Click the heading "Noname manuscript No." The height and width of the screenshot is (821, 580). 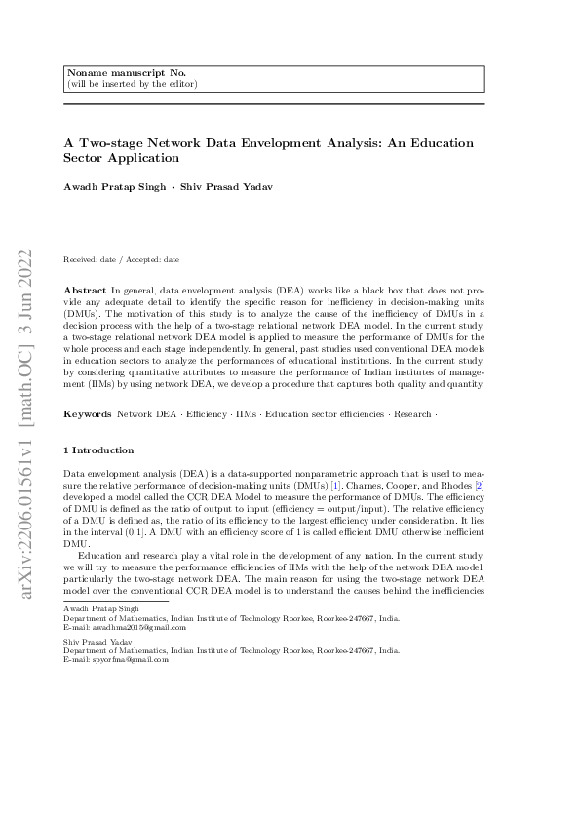pos(111,73)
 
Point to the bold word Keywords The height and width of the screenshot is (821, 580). pos(88,414)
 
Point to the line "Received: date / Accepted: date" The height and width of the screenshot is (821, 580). pos(121,260)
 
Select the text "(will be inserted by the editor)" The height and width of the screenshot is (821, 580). pos(131,84)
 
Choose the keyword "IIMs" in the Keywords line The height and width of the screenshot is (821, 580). pos(247,414)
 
